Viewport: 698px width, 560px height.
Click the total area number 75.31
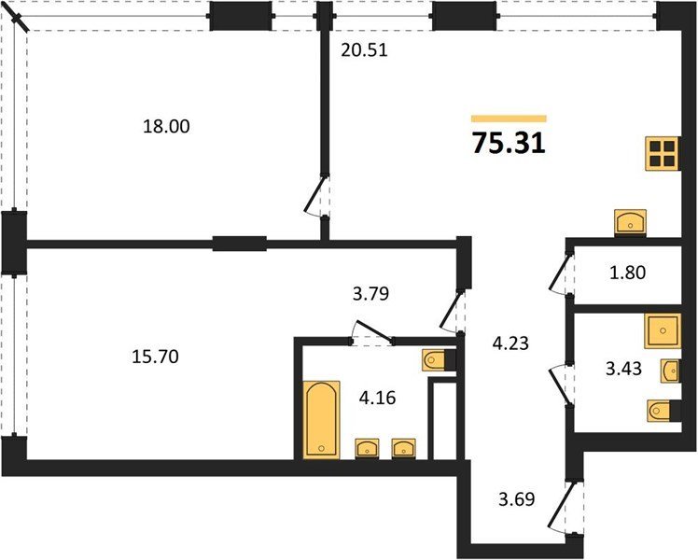509,144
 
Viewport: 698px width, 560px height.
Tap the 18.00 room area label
166,126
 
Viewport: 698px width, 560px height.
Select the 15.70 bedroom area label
155,357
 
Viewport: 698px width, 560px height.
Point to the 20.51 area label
365,50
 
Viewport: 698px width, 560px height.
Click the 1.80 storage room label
628,273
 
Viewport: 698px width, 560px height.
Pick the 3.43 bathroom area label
624,369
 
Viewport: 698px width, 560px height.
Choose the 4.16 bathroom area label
378,398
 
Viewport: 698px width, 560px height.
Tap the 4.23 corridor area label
510,343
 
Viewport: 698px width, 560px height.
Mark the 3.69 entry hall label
516,499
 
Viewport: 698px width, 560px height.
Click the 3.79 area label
370,294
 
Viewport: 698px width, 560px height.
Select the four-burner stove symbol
662,154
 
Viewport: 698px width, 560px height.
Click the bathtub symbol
321,420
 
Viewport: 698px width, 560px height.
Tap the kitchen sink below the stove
630,222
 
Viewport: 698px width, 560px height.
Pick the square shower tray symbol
663,330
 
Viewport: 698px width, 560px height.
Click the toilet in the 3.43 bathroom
663,411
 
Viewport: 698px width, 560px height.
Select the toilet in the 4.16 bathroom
439,360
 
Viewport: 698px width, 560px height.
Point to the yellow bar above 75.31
509,119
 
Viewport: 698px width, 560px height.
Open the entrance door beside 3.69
563,507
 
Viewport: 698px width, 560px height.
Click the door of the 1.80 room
561,273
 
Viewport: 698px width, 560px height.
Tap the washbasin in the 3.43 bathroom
670,371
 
